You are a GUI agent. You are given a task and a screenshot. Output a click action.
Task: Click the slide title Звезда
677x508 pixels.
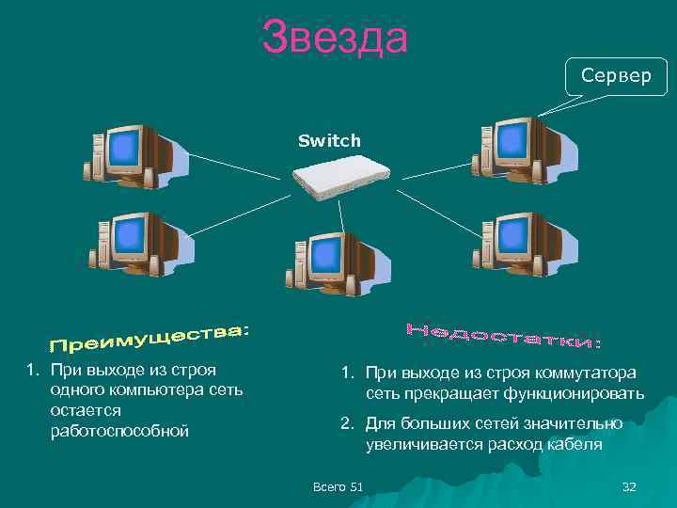[336, 38]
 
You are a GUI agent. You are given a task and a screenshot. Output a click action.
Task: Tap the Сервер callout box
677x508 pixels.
[616, 75]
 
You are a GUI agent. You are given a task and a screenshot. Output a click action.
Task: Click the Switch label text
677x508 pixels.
[329, 141]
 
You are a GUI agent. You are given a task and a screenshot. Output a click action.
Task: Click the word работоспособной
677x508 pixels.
[119, 431]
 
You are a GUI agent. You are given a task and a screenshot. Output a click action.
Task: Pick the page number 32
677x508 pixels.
[629, 486]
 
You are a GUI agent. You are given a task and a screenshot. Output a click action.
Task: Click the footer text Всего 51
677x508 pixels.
[337, 486]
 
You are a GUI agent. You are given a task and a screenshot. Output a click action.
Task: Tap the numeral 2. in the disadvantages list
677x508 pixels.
[347, 424]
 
